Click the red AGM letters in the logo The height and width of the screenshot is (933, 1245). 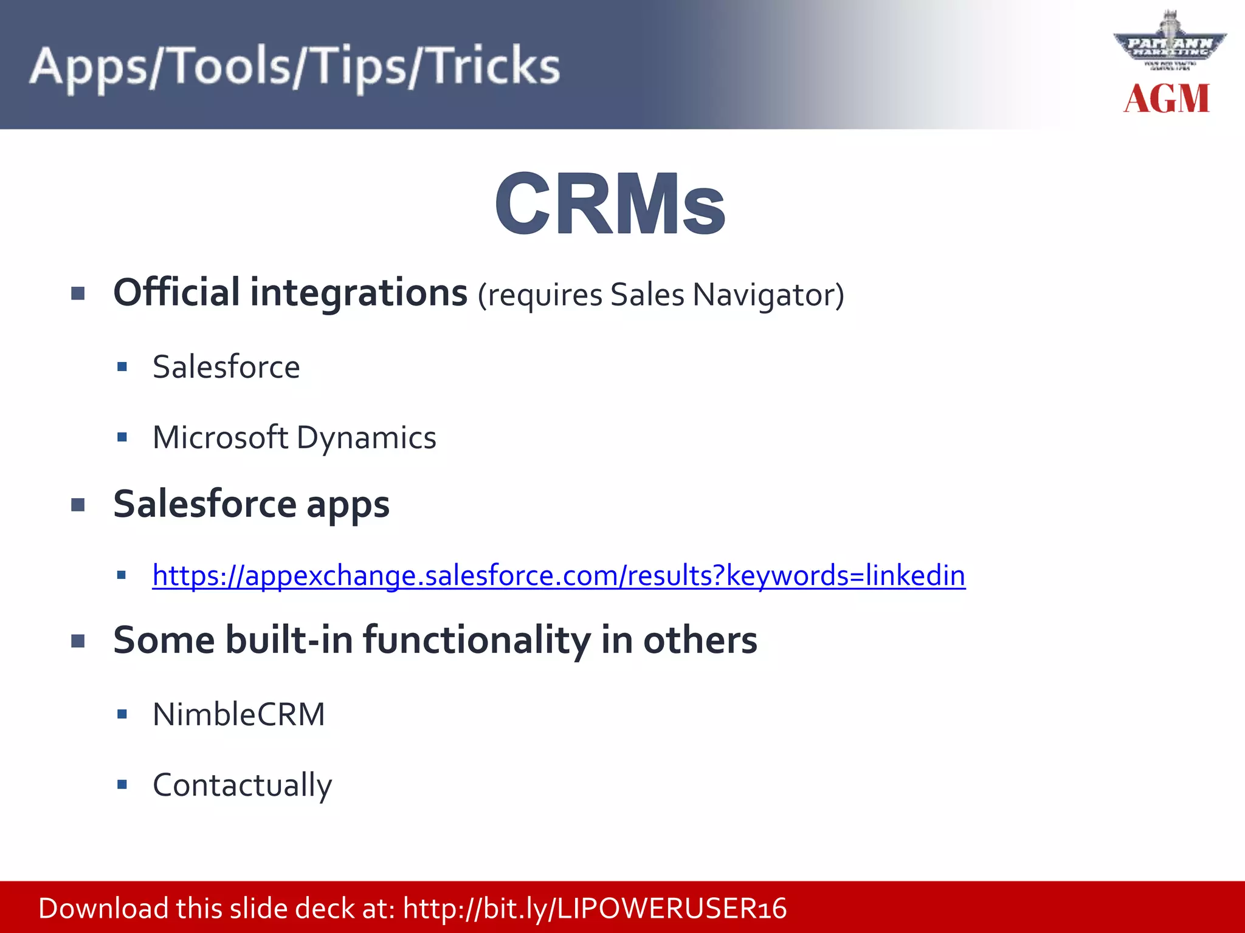click(1167, 99)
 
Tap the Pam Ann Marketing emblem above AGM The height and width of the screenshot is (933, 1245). click(1169, 44)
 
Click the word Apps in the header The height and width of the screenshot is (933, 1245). click(88, 67)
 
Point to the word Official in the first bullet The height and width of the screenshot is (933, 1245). click(176, 293)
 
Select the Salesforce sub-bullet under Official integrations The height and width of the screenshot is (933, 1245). click(226, 367)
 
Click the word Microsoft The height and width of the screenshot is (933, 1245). click(220, 437)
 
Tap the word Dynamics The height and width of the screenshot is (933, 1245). click(367, 438)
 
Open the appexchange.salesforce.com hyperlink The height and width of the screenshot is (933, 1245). click(558, 575)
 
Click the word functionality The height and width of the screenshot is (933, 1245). click(477, 641)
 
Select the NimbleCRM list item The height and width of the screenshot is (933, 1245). click(239, 714)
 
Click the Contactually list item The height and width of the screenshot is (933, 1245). click(242, 785)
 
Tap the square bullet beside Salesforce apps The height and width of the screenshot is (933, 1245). click(78, 505)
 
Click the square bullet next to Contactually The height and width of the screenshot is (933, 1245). click(122, 785)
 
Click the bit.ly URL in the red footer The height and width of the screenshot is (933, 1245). click(595, 909)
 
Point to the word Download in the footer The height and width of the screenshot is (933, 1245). click(103, 909)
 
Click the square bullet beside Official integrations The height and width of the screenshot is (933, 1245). click(78, 294)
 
